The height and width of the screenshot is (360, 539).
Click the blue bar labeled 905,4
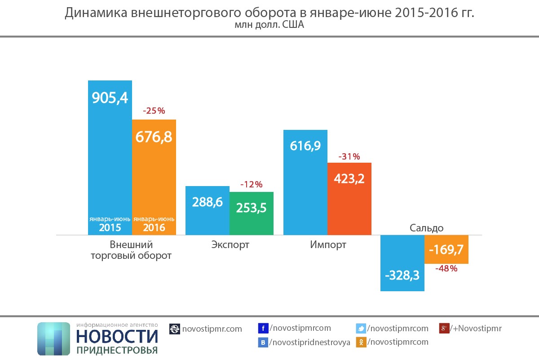[x=110, y=157]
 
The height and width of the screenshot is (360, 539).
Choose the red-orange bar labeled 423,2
[x=349, y=198]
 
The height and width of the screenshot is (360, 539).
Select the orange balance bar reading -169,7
[x=446, y=249]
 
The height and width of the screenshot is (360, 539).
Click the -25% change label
[x=154, y=111]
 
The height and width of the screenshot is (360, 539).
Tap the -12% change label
[x=251, y=184]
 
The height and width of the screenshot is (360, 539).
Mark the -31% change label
[x=349, y=156]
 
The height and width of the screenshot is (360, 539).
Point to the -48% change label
[x=446, y=269]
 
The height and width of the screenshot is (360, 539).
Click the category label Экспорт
[x=230, y=245]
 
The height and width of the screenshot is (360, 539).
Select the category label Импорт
[x=328, y=245]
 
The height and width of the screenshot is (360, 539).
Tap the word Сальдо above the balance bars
[x=426, y=228]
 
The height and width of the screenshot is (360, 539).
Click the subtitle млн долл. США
[x=269, y=25]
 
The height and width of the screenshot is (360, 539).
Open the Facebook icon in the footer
[x=264, y=329]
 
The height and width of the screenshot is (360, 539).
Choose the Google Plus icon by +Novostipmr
[x=444, y=329]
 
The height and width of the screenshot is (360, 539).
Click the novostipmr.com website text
[x=212, y=329]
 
